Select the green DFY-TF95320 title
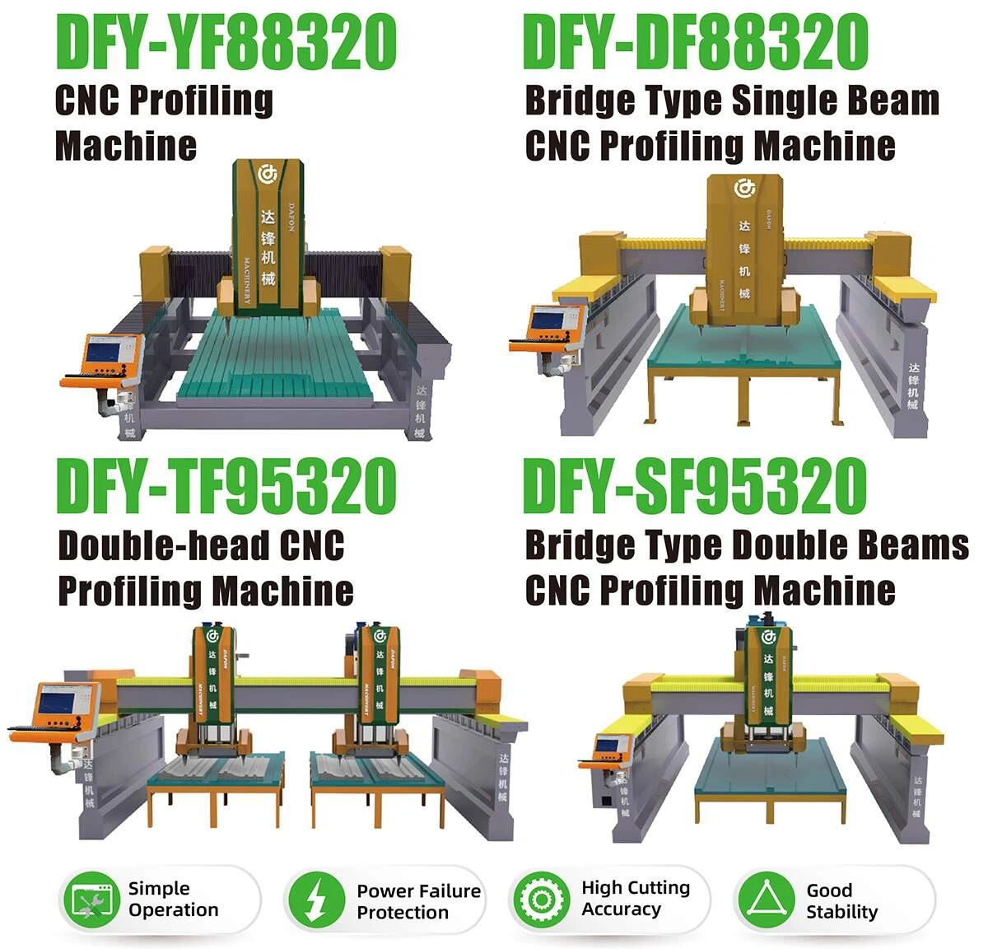pyautogui.click(x=226, y=488)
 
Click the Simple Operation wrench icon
pyautogui.click(x=91, y=900)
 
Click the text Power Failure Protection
pyautogui.click(x=418, y=901)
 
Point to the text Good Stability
pyautogui.click(x=841, y=900)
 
